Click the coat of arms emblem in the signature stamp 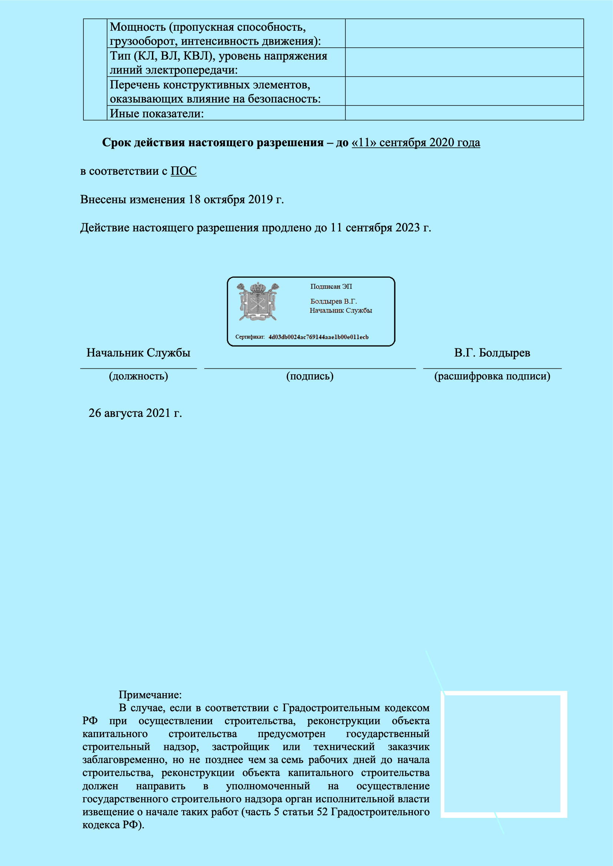tap(258, 302)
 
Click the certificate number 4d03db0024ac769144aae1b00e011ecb tap(318, 337)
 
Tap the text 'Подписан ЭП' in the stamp tap(331, 287)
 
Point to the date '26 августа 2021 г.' tap(135, 414)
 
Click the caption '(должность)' tap(139, 377)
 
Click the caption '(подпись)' tap(310, 377)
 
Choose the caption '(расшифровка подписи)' tap(492, 377)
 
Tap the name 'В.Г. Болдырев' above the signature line tap(492, 353)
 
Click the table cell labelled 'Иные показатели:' tap(157, 114)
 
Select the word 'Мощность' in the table tap(138, 27)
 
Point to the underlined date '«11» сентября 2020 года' tap(415, 143)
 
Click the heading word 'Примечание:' tap(150, 695)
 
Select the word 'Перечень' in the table tap(135, 85)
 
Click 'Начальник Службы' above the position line tap(139, 353)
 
